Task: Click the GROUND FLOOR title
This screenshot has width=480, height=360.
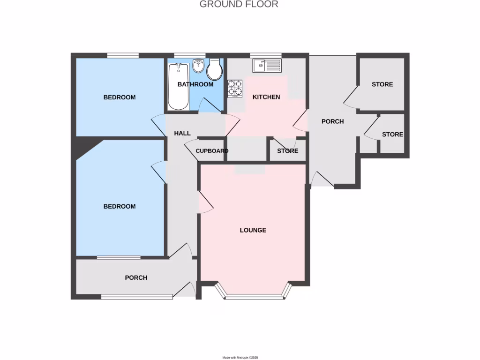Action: click(239, 4)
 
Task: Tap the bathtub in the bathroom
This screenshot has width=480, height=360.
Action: click(178, 87)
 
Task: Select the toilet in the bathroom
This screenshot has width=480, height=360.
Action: click(215, 70)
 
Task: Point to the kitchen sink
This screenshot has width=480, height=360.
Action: click(267, 66)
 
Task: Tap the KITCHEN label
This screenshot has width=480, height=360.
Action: click(266, 97)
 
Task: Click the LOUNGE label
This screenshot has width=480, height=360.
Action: click(253, 230)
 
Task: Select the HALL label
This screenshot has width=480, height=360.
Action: click(182, 133)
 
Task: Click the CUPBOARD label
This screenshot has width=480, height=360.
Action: click(212, 151)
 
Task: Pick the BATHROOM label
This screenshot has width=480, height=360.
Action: click(195, 84)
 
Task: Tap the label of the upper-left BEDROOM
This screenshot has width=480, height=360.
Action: click(120, 97)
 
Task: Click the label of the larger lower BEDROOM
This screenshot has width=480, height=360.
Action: click(120, 206)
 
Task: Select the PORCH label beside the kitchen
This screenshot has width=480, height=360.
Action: click(332, 121)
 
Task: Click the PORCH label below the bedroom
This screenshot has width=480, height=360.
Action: click(136, 277)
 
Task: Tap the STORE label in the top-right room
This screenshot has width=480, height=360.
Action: click(382, 84)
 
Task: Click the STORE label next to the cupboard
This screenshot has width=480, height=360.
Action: click(287, 151)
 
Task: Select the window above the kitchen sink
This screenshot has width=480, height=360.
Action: click(266, 55)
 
